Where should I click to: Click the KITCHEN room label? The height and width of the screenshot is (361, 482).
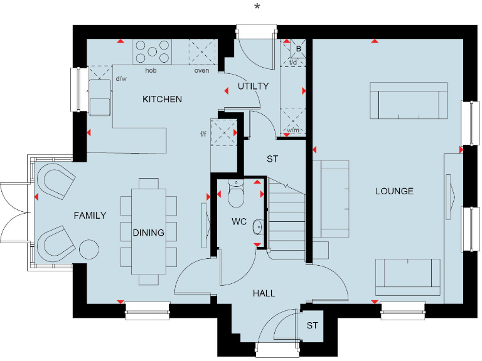tap(162, 99)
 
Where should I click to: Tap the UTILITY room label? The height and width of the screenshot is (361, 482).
tap(253, 86)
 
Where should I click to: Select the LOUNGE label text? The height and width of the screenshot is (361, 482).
tap(394, 191)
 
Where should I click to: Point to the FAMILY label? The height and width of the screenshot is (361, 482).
tap(90, 215)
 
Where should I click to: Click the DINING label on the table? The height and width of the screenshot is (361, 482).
tap(148, 233)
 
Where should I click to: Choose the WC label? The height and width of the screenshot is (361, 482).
tap(238, 221)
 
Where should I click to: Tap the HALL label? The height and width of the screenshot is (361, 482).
tap(264, 293)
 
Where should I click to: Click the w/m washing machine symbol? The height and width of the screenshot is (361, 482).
tap(292, 119)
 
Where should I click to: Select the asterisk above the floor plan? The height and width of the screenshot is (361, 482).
tap(256, 7)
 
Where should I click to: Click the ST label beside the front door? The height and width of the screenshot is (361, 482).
tap(312, 326)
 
